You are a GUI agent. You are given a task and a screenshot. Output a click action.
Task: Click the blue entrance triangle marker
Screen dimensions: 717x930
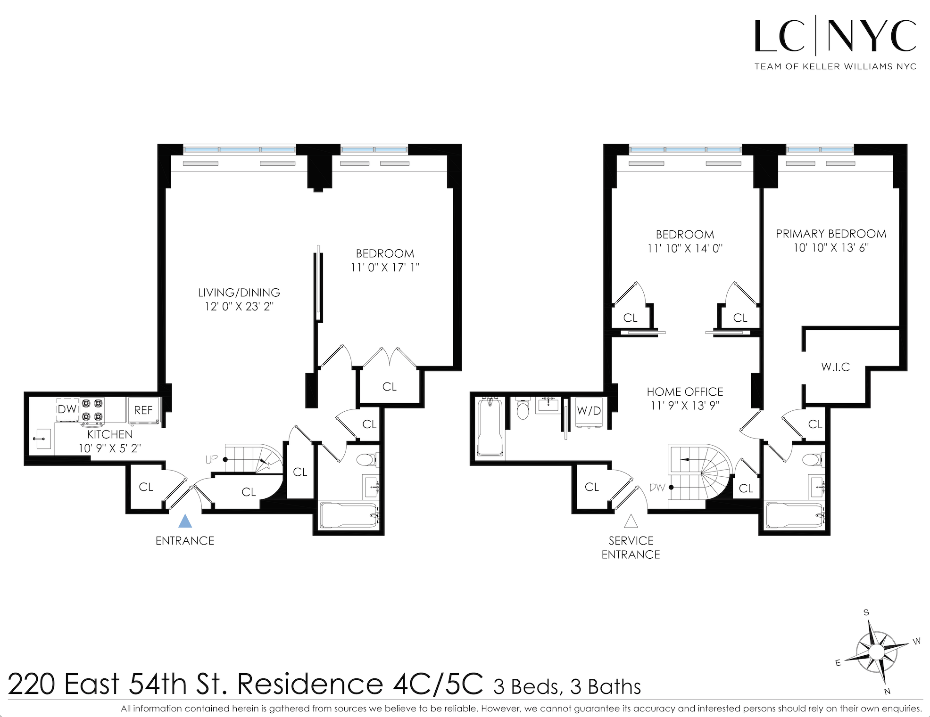coord(185,521)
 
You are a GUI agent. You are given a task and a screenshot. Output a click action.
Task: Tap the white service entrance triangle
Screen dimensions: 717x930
coord(631,521)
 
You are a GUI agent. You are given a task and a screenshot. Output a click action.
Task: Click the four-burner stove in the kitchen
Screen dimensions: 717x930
coord(92,410)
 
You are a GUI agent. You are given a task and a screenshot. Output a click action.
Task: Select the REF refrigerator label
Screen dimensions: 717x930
coord(143,410)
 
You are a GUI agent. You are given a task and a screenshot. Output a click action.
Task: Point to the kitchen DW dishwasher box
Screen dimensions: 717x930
coord(67,409)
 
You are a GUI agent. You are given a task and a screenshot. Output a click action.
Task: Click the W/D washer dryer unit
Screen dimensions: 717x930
coord(589,412)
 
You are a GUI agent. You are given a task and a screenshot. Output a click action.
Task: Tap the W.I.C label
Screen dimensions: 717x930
coord(835,367)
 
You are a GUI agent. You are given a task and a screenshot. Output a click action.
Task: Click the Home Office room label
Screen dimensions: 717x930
coord(685,392)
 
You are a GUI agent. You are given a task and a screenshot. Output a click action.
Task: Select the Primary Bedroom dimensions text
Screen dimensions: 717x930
coord(831,248)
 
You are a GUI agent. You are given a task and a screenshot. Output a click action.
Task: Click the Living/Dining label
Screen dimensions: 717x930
coord(239,293)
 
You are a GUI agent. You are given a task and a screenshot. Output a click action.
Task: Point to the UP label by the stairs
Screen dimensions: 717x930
coord(211,459)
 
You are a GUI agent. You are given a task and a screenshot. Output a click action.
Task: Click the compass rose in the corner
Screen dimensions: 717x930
coord(876,652)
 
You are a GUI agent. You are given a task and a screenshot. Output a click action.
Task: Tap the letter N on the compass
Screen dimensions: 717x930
coord(887,692)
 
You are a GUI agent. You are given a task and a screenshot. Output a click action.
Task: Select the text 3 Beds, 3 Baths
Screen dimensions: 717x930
coord(567,687)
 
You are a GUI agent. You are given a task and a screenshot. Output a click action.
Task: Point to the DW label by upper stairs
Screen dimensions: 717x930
coord(656,488)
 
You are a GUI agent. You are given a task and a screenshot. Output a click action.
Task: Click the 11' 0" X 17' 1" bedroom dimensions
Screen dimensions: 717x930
coord(385,268)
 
